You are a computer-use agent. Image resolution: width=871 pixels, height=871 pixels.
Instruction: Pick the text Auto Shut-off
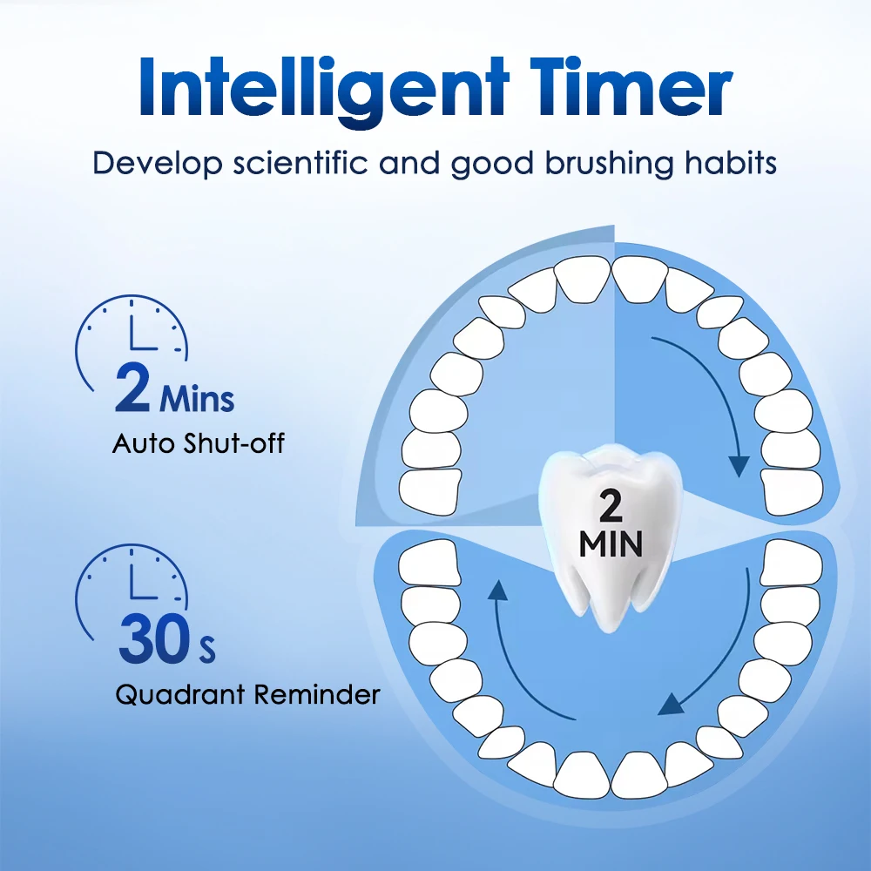point(199,444)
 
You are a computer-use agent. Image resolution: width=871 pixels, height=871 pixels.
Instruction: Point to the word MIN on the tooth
point(611,545)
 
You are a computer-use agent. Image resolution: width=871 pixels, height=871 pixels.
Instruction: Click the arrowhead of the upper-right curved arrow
point(739,466)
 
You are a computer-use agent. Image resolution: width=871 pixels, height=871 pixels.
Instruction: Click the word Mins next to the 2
point(198,399)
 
